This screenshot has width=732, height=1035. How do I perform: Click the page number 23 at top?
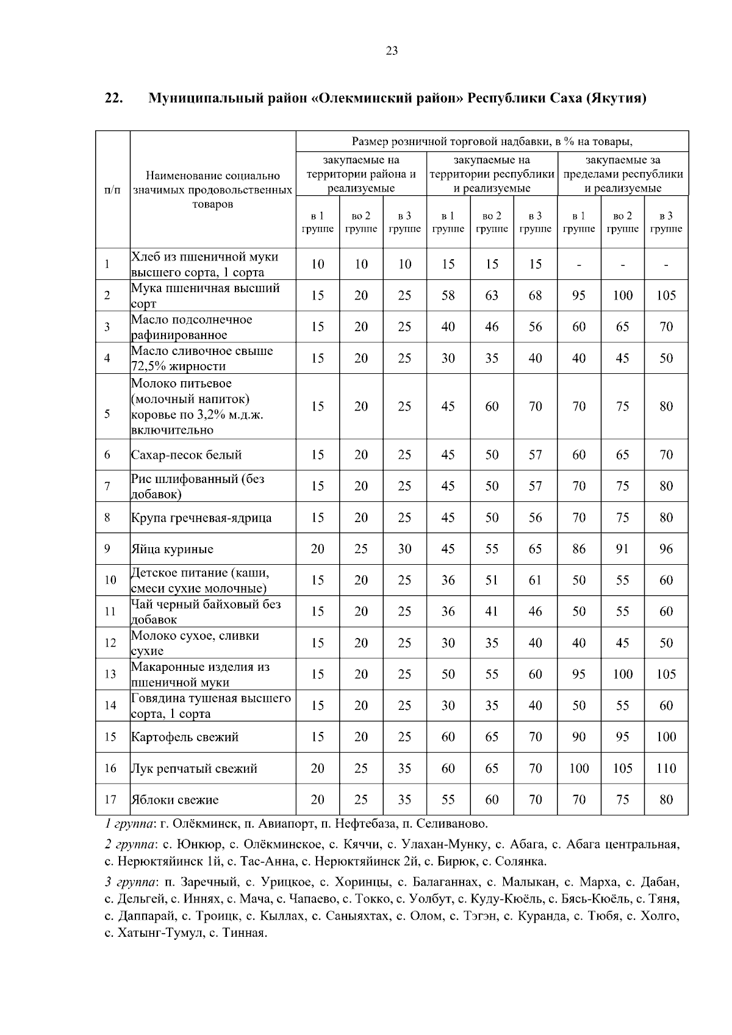[x=392, y=51]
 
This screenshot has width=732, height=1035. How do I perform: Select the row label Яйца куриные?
[x=172, y=549]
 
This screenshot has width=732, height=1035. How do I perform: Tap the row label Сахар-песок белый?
[x=186, y=455]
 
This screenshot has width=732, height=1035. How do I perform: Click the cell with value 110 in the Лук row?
[x=666, y=768]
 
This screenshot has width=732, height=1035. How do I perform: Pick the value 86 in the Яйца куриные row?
[x=579, y=549]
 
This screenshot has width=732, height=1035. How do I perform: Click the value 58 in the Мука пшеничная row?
[x=448, y=296]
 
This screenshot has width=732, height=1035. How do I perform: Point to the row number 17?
[x=110, y=800]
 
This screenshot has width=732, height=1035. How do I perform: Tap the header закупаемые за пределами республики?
[x=623, y=174]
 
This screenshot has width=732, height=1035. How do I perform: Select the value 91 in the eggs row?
[x=622, y=549]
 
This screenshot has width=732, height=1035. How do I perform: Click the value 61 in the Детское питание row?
[x=535, y=580]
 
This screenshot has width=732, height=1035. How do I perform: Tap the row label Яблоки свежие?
[x=174, y=800]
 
